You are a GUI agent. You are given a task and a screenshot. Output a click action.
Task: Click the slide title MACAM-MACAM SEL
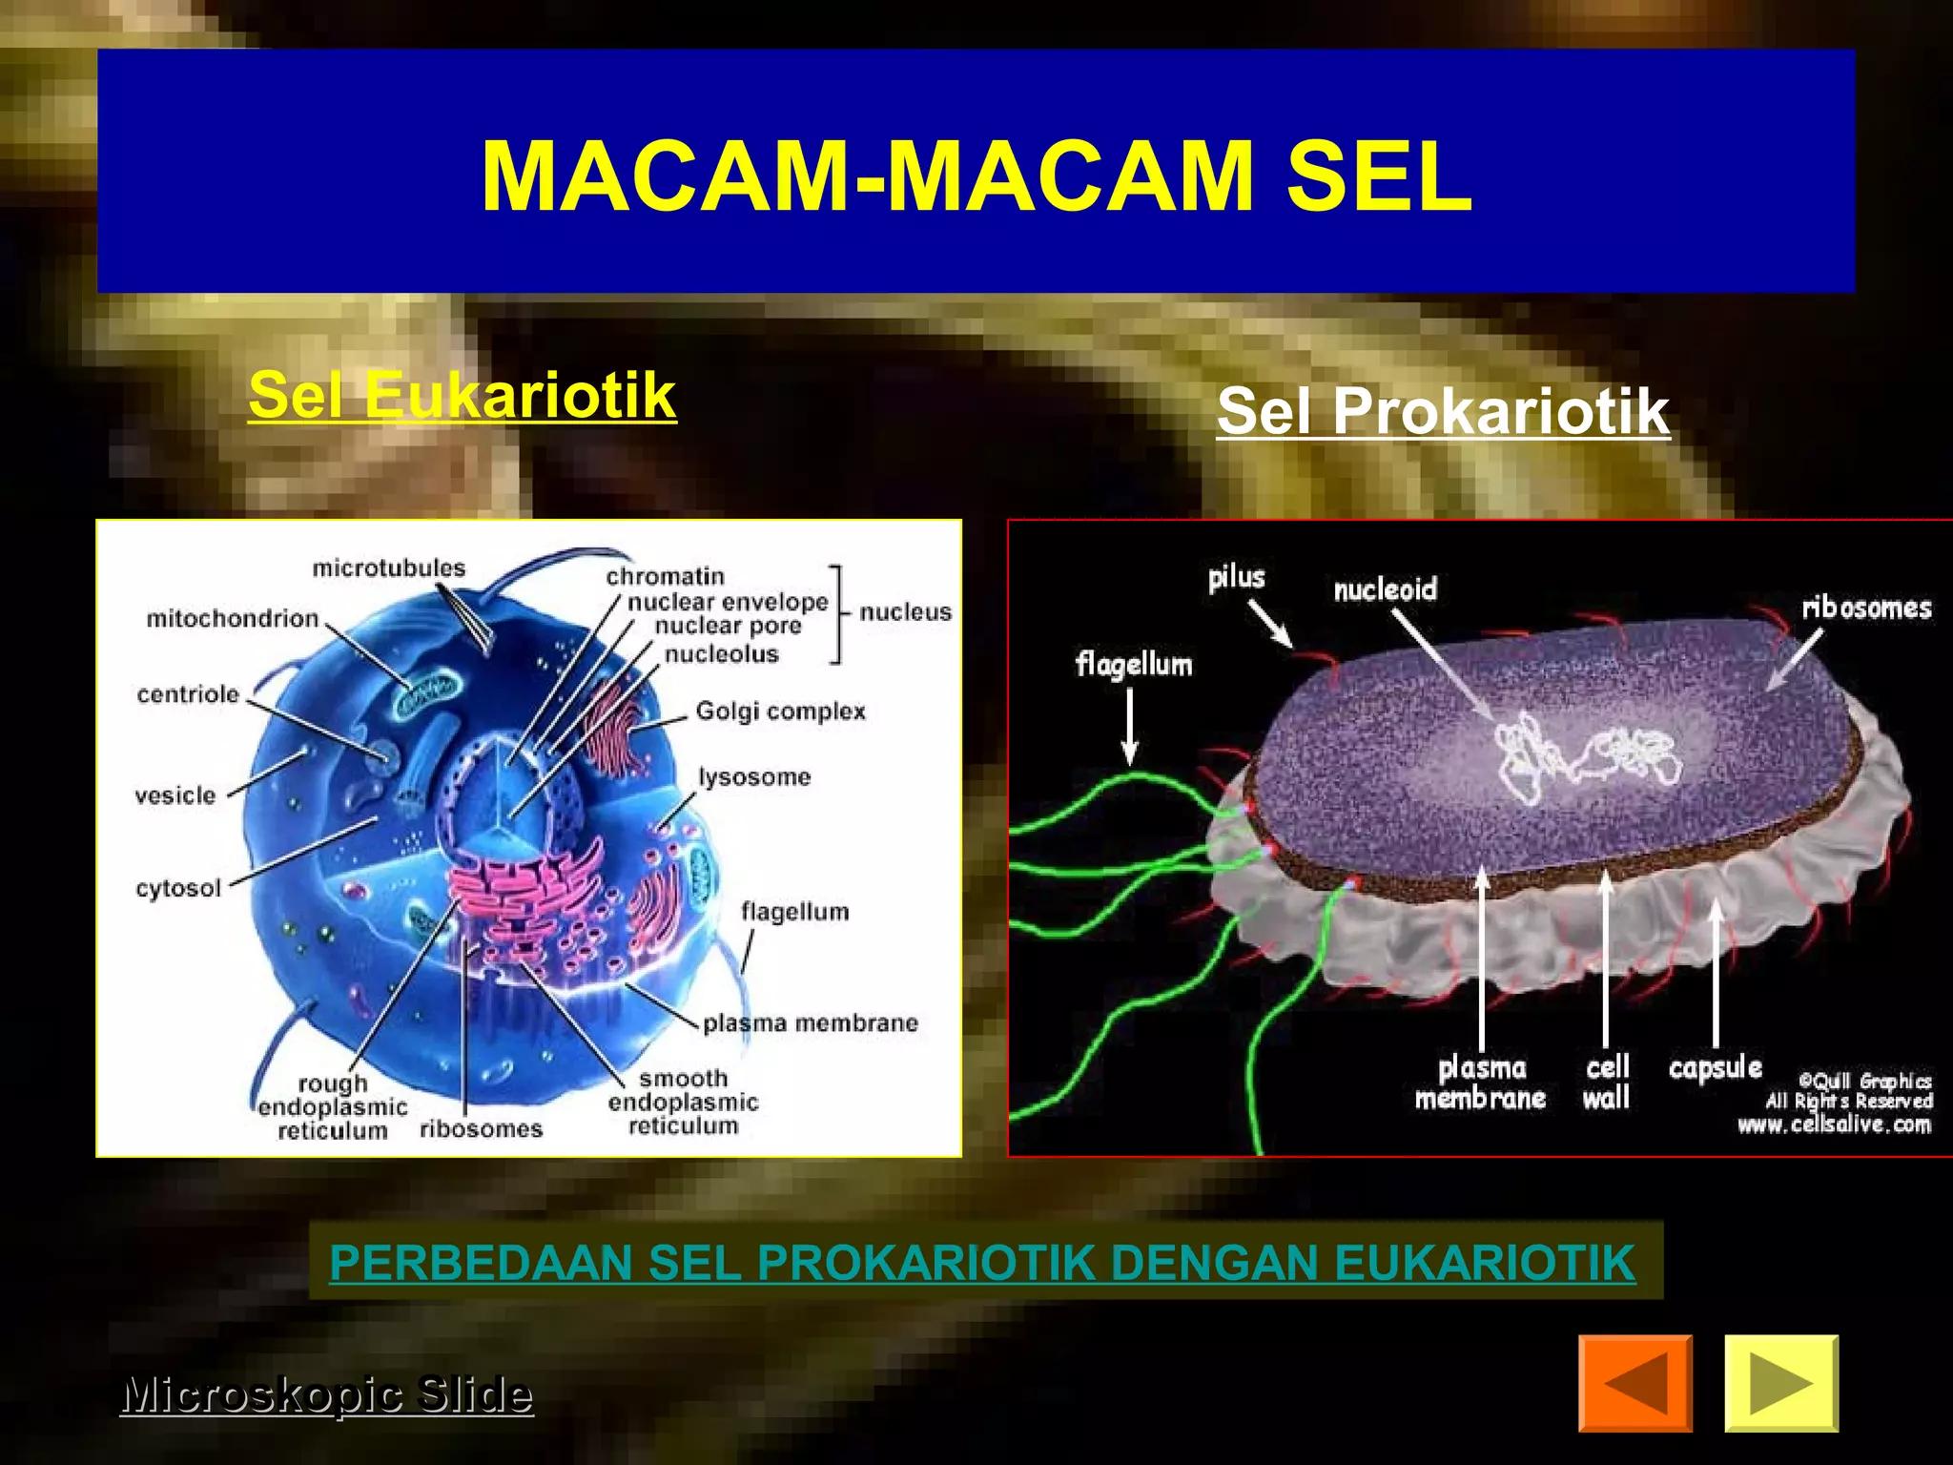(x=976, y=177)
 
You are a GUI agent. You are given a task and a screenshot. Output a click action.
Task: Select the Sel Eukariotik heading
(x=463, y=395)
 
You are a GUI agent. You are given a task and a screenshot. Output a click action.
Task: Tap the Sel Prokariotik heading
(x=1443, y=411)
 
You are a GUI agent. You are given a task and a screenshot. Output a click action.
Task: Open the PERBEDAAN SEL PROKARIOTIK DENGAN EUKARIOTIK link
(x=982, y=1262)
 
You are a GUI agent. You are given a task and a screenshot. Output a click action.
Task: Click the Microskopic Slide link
(x=326, y=1394)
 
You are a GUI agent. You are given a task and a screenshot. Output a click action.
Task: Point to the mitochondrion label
(x=232, y=619)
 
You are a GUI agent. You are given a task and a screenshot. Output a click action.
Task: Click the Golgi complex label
(x=780, y=712)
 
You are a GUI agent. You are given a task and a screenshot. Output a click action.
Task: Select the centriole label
(x=188, y=694)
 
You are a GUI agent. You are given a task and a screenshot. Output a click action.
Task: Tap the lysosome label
(x=754, y=777)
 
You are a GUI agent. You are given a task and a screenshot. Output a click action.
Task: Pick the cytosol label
(x=178, y=889)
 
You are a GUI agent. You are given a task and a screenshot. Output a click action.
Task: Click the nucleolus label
(x=721, y=654)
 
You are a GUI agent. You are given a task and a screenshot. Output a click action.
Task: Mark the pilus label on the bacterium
(x=1236, y=577)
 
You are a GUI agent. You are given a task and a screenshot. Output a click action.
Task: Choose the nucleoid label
(x=1385, y=589)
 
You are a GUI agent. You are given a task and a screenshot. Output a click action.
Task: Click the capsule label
(x=1715, y=1068)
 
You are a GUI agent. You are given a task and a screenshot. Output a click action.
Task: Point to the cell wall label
(x=1607, y=1083)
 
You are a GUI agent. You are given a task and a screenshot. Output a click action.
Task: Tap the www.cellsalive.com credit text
(x=1834, y=1125)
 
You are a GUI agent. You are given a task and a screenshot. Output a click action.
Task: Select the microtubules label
(x=389, y=568)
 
